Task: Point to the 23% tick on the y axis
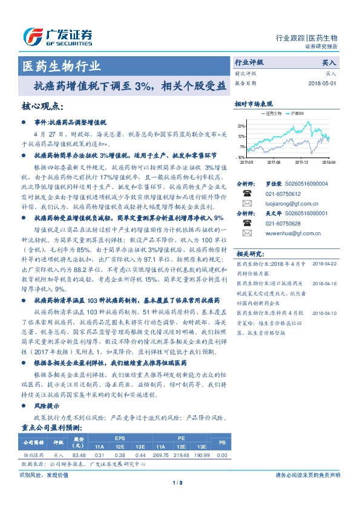tap(241, 126)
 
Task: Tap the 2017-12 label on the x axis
tap(302, 162)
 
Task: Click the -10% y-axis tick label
tap(241, 157)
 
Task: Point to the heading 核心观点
tap(42, 106)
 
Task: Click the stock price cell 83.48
tap(79, 455)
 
